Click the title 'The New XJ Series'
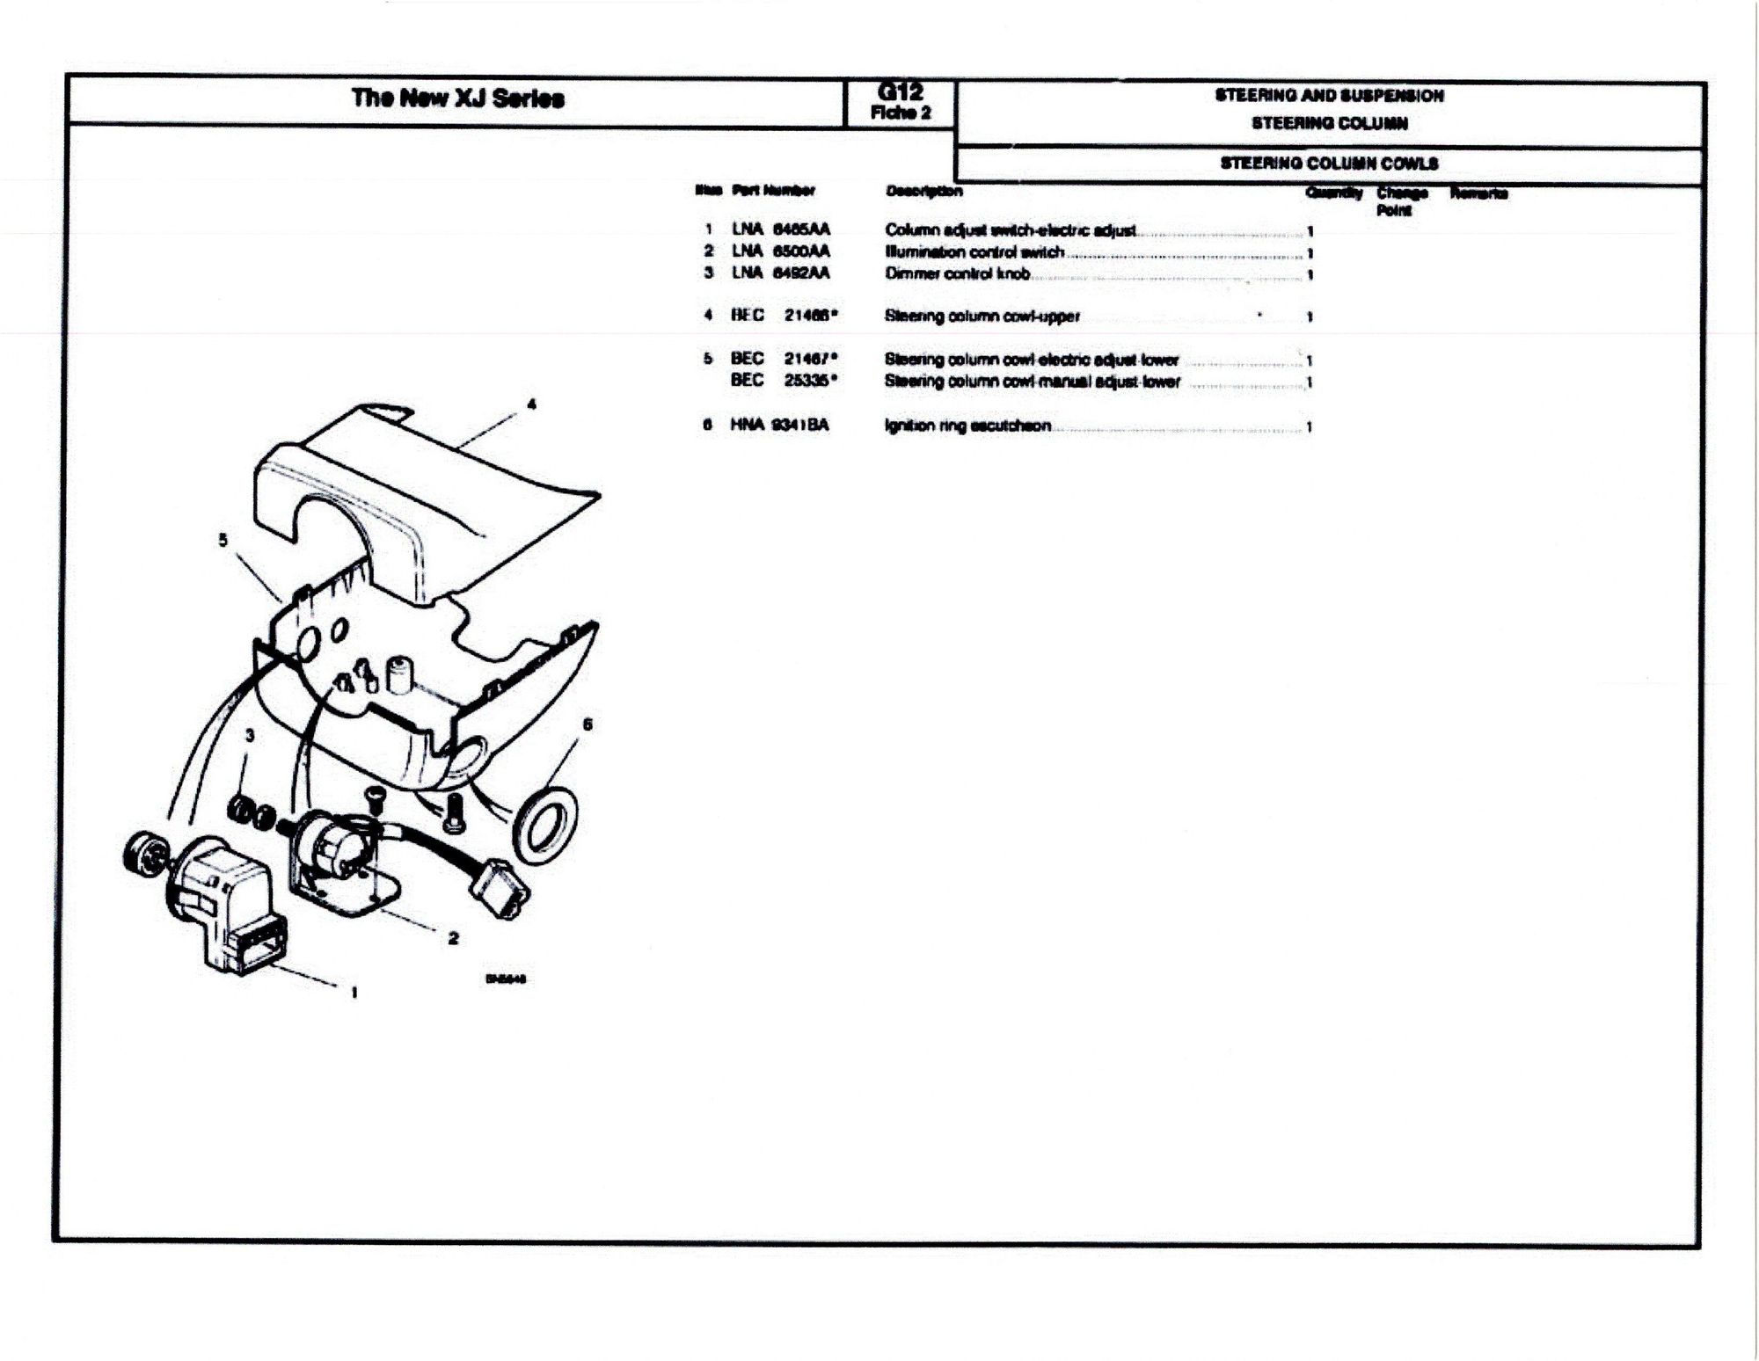point(457,98)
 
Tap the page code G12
point(900,91)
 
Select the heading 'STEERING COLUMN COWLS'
point(1328,164)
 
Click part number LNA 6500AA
point(780,251)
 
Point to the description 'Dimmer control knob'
point(957,273)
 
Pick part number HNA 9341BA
point(779,426)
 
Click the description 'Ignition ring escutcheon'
point(967,426)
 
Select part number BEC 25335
point(783,381)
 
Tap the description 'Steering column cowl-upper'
point(982,316)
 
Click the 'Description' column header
point(923,191)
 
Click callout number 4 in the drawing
point(531,404)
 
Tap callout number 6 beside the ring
point(588,724)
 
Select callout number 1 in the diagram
point(354,993)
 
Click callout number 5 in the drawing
point(223,540)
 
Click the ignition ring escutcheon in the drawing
point(544,825)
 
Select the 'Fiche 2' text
point(900,113)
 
